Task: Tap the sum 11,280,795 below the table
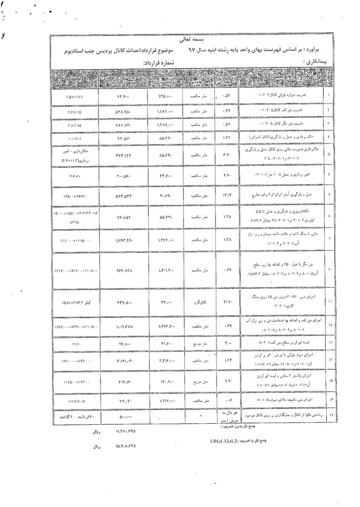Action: click(121, 431)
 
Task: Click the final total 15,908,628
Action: click(121, 446)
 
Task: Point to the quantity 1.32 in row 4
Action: click(228, 138)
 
